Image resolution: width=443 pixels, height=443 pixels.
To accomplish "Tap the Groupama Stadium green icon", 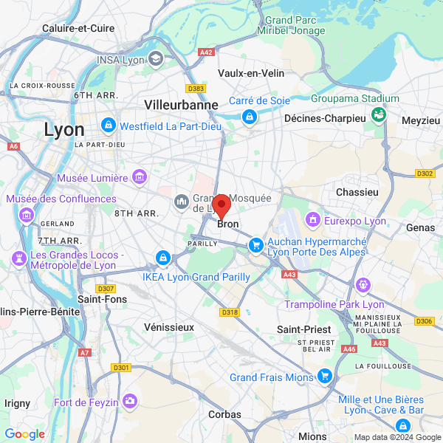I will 379,114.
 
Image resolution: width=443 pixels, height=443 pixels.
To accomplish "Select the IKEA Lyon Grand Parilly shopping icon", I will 162,258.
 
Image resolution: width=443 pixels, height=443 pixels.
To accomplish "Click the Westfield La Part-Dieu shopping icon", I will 109,125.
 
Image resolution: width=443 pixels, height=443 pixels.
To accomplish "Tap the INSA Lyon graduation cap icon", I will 156,58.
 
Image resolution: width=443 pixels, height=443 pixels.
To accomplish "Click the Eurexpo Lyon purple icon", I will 313,219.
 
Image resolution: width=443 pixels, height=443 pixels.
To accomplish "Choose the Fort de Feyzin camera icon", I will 131,401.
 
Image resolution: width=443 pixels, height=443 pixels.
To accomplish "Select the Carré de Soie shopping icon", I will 250,116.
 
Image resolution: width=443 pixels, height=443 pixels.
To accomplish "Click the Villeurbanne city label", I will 182,105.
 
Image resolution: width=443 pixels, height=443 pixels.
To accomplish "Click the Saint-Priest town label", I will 303,329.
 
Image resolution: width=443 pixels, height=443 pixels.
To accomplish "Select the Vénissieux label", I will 169,326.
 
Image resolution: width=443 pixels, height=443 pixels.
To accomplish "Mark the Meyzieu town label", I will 421,120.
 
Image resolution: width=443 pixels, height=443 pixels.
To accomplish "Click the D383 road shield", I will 196,89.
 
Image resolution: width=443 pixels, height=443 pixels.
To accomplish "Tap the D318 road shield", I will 230,312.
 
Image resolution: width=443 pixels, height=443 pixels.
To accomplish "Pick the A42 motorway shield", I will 207,52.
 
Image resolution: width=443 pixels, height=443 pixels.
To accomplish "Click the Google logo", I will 24,434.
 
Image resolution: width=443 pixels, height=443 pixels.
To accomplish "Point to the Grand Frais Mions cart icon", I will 324,377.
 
